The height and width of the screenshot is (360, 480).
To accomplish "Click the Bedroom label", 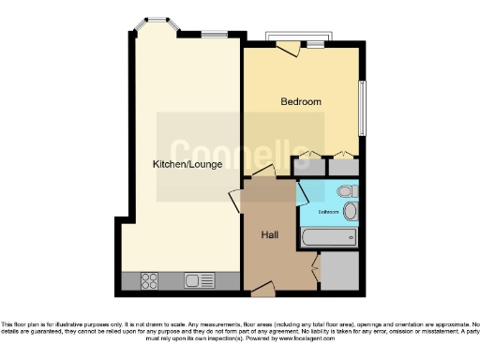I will (301, 101).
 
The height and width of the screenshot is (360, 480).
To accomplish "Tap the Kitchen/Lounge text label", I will (187, 164).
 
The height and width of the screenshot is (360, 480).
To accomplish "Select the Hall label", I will (268, 234).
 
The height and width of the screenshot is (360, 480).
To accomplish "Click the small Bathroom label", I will (327, 212).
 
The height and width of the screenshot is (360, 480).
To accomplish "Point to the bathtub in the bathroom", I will (328, 239).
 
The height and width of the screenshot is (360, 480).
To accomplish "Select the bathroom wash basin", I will (350, 212).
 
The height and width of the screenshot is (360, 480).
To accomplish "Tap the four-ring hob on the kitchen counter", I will (150, 279).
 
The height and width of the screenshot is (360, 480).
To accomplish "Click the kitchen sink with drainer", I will (199, 279).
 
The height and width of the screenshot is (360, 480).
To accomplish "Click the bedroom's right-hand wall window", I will (363, 109).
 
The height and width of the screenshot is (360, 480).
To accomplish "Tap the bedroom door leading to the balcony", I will (288, 47).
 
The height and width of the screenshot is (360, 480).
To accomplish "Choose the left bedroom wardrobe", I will (303, 165).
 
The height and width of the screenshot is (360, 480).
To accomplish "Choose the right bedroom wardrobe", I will (341, 165).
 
